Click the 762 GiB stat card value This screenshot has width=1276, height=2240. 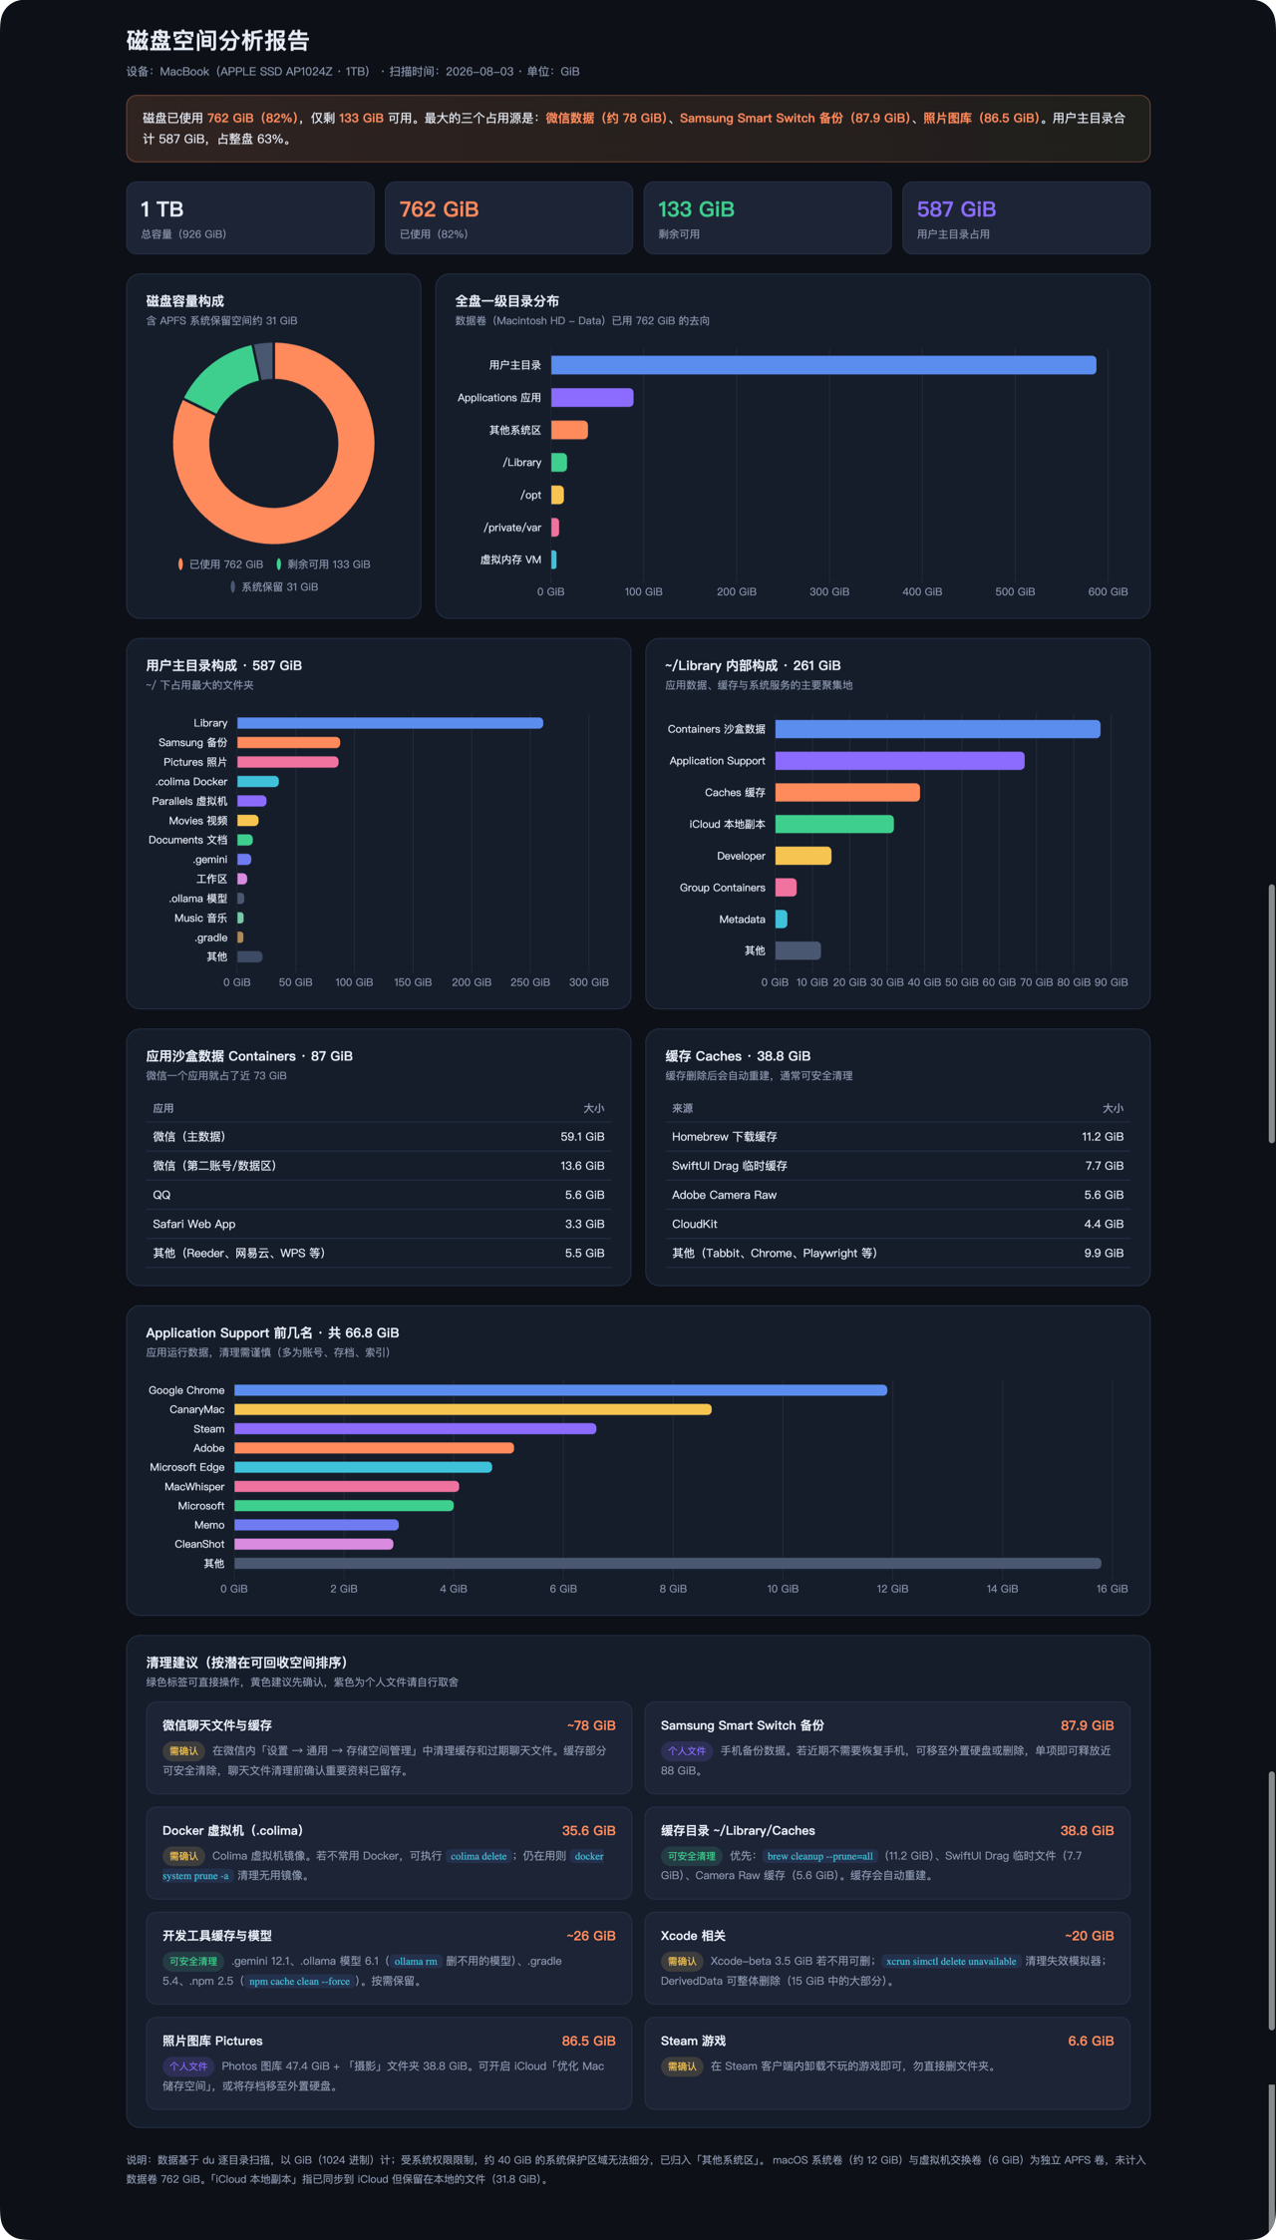click(439, 209)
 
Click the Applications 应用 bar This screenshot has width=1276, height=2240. click(592, 397)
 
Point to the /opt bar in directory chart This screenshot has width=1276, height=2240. click(557, 495)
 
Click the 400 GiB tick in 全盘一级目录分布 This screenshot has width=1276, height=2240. click(922, 591)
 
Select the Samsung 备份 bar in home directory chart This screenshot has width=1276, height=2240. click(288, 742)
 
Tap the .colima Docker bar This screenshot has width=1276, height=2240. click(258, 781)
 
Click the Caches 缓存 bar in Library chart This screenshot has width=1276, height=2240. click(847, 792)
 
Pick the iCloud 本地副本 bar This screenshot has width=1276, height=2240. click(834, 824)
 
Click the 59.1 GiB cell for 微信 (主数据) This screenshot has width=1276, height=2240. click(582, 1137)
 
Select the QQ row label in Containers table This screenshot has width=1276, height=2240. click(161, 1195)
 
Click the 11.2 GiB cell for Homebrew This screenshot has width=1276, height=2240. click(1103, 1137)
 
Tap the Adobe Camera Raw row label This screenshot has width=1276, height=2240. click(724, 1195)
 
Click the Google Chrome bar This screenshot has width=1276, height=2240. click(560, 1390)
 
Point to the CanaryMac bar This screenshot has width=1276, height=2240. click(473, 1409)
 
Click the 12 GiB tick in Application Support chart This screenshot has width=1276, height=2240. click(892, 1589)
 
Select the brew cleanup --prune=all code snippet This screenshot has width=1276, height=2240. click(819, 1856)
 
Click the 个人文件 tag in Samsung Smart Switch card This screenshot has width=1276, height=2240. click(687, 1750)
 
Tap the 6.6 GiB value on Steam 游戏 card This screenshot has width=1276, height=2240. click(1091, 2041)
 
